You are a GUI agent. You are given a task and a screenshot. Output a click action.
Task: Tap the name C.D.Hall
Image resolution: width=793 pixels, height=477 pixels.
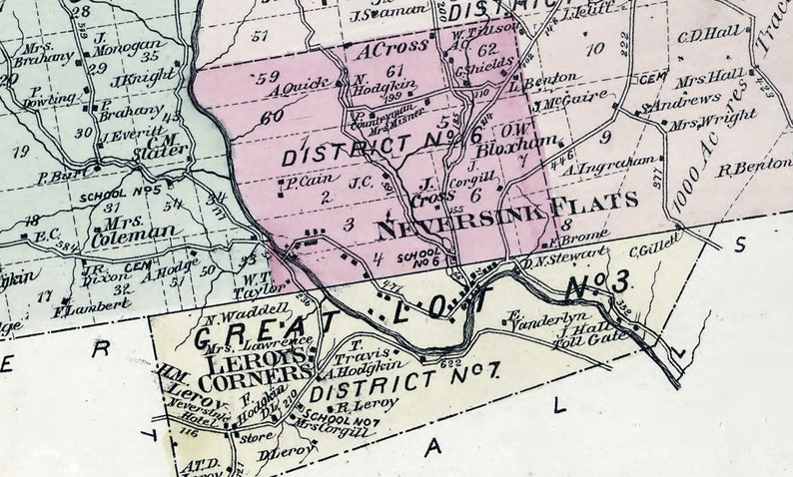pos(709,33)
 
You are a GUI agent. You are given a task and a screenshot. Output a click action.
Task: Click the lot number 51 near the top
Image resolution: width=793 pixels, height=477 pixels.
pos(262,37)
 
